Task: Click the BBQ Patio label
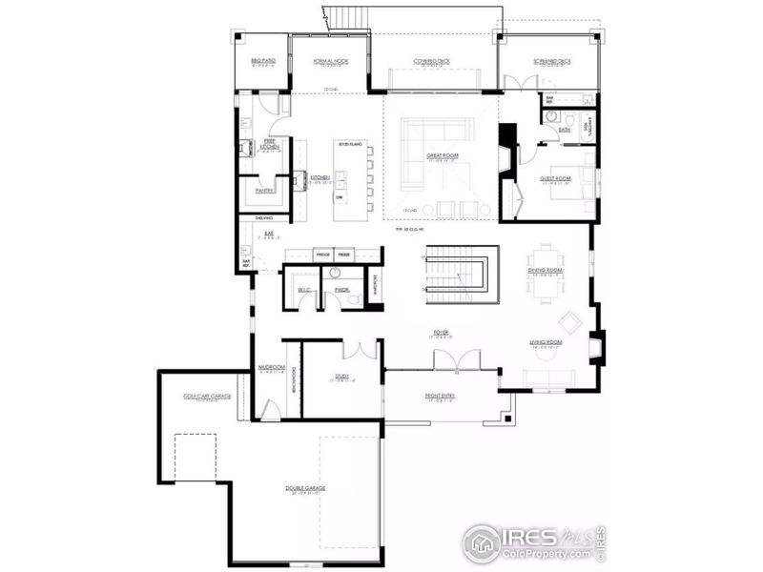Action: pos(262,61)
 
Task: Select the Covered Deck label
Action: pos(431,61)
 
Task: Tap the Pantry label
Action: pos(264,190)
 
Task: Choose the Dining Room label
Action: pos(546,272)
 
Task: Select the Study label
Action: pos(341,377)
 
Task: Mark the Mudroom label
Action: pos(271,368)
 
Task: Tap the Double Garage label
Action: pos(305,490)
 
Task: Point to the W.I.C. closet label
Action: pos(305,290)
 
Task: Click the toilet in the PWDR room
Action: pos(351,298)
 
